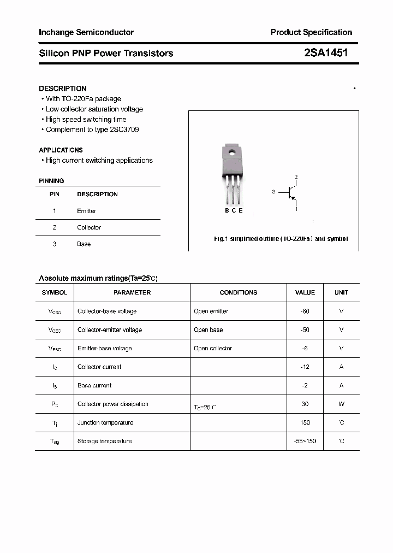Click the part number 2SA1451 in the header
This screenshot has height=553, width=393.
pyautogui.click(x=326, y=53)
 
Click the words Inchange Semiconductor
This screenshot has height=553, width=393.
pyautogui.click(x=86, y=32)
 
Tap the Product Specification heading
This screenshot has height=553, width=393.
pyautogui.click(x=311, y=32)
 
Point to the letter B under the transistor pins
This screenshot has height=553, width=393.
pyautogui.click(x=227, y=210)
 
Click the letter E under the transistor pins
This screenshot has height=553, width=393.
pyautogui.click(x=241, y=210)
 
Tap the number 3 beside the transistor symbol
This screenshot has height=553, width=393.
pyautogui.click(x=273, y=192)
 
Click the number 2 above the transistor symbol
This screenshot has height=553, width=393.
pyautogui.click(x=296, y=177)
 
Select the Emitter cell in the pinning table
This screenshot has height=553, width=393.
pyautogui.click(x=86, y=211)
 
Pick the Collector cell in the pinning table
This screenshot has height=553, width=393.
pyautogui.click(x=89, y=227)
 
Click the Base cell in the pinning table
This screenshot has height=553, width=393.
pyautogui.click(x=84, y=244)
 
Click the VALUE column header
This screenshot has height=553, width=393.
pyautogui.click(x=305, y=292)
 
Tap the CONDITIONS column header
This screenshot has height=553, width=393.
pyautogui.click(x=238, y=292)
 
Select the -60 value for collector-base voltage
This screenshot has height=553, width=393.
pyautogui.click(x=305, y=311)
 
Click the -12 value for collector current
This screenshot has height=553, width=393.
pyautogui.click(x=305, y=367)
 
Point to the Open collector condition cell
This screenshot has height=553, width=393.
pyautogui.click(x=213, y=348)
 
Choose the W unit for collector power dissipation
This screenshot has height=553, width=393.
pyautogui.click(x=341, y=404)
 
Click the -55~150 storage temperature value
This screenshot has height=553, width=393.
pyautogui.click(x=305, y=441)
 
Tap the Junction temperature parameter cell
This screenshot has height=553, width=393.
pyautogui.click(x=105, y=422)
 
